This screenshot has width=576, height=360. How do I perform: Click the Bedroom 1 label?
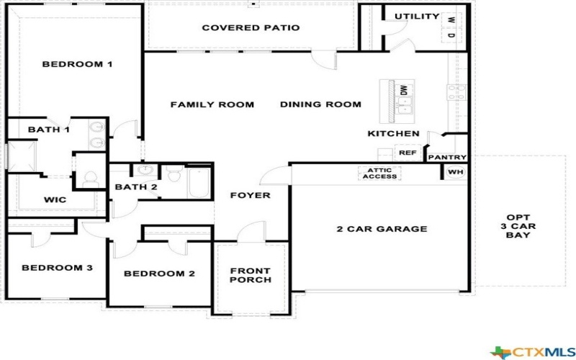[x=77, y=64]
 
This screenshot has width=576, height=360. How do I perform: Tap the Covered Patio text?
[x=251, y=28]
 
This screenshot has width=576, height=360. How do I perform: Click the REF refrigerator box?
[x=408, y=153]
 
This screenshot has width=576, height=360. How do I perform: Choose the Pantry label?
[x=447, y=157]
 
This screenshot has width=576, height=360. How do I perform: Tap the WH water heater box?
[x=455, y=172]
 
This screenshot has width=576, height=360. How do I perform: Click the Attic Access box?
[x=379, y=173]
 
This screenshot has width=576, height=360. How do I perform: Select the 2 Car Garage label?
[x=382, y=229]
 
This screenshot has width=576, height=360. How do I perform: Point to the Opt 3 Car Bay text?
[x=518, y=226]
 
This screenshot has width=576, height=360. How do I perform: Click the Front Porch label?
[x=250, y=275]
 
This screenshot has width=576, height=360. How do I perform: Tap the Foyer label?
[x=250, y=195]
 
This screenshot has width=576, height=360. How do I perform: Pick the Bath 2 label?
[x=135, y=187]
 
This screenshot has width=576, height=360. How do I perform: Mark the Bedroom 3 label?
[x=57, y=268]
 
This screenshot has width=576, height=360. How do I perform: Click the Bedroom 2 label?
[x=159, y=274]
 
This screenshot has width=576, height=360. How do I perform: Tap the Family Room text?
[x=212, y=104]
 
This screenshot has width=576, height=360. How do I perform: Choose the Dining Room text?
[x=320, y=104]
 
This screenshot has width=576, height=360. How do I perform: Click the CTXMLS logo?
[x=531, y=351]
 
